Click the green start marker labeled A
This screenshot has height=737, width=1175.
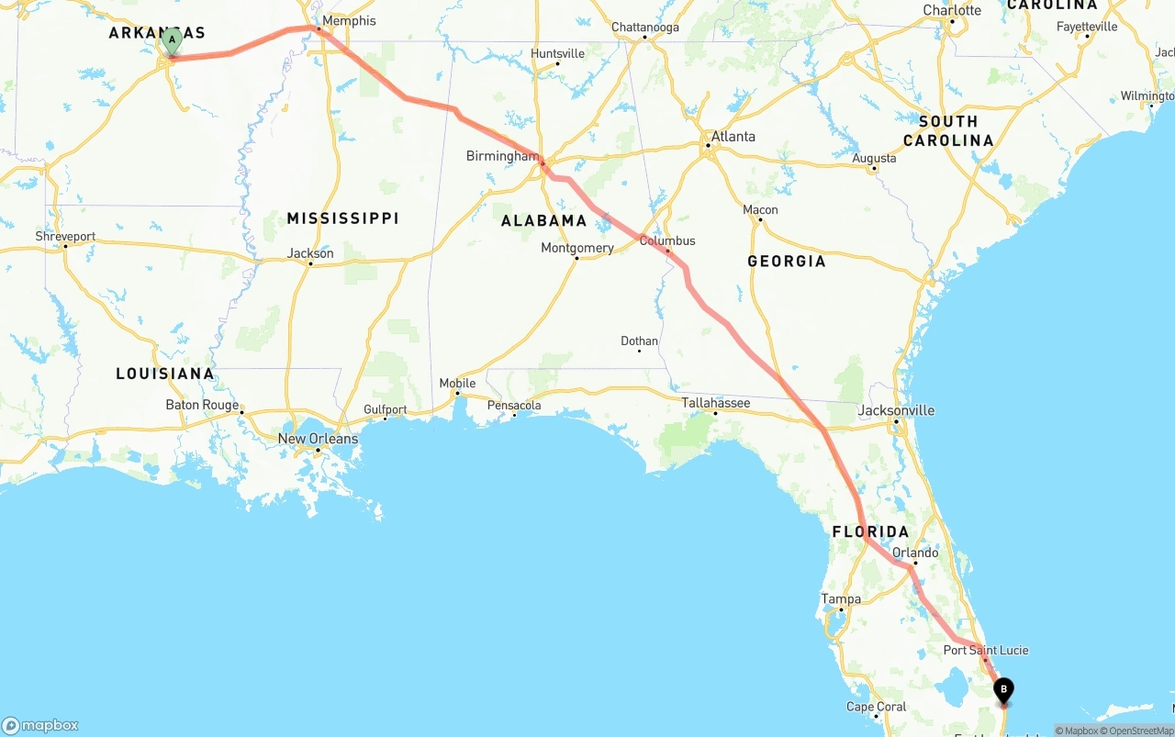pos(172,40)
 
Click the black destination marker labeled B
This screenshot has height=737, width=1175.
pos(1003,689)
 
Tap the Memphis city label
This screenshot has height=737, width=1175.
pos(349,21)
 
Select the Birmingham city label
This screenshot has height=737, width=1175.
pos(502,156)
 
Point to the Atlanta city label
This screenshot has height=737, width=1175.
pos(733,137)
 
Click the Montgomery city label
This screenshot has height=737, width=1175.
pos(576,248)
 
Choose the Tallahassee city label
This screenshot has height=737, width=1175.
pos(715,403)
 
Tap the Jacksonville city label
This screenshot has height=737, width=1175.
pos(896,410)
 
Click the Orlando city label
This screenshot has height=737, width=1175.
pos(915,553)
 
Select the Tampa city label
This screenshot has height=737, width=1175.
pos(841,599)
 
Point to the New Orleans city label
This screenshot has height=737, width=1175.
pos(318,439)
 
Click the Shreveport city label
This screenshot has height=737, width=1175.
pos(65,237)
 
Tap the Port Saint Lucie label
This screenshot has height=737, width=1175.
pos(986,650)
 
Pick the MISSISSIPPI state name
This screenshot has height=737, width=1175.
pos(342,218)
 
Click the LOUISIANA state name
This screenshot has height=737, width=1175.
pos(165,374)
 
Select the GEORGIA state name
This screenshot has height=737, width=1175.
pos(787,262)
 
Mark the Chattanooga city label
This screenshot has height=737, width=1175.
pos(645,28)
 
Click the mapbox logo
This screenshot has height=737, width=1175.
pos(40,725)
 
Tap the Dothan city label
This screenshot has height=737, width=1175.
pos(639,341)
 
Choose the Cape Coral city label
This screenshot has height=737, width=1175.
pos(877,707)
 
